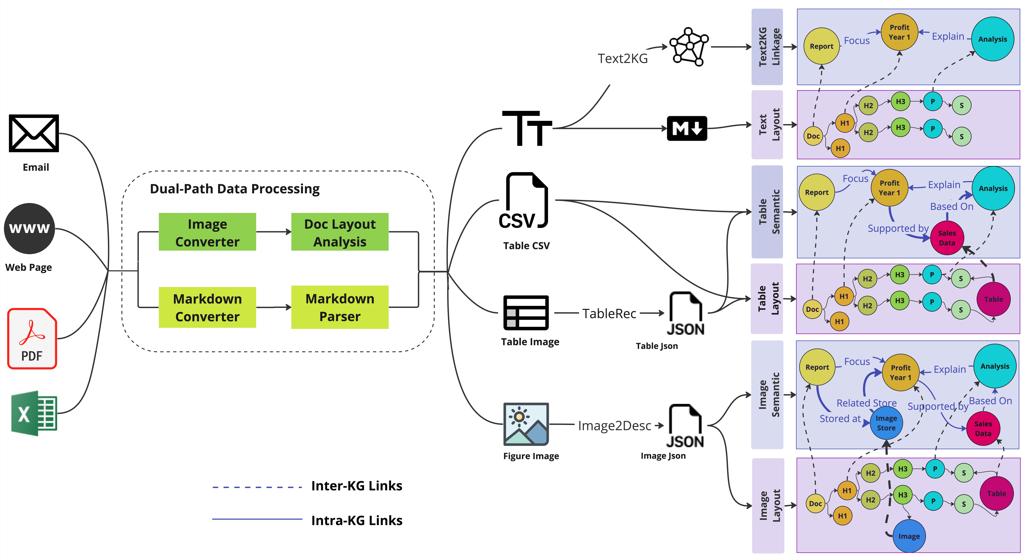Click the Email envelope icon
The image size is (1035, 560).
(x=34, y=133)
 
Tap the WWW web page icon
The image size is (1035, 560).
(x=29, y=228)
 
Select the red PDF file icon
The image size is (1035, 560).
(x=32, y=338)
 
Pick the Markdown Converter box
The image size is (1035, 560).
(x=207, y=308)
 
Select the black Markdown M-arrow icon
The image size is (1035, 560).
(x=687, y=129)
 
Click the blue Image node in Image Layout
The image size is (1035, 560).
(x=909, y=536)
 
